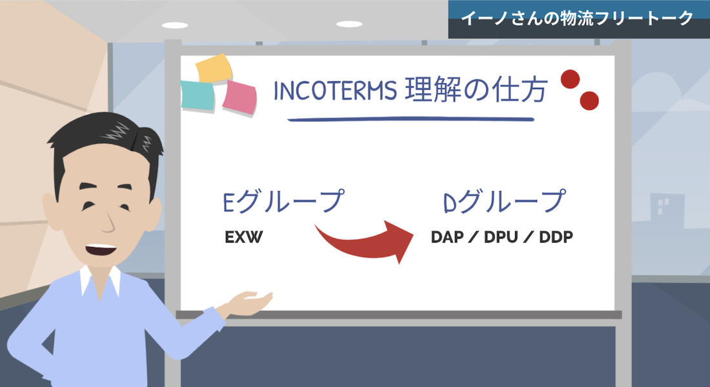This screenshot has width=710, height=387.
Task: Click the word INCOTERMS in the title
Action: (x=335, y=90)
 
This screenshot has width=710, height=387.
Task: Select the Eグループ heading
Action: (x=283, y=201)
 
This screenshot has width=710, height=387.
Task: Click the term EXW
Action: (x=243, y=237)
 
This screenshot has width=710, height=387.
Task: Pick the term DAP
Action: (x=447, y=237)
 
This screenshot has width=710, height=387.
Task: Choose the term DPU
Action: (x=501, y=237)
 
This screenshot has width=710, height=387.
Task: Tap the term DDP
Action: (x=556, y=237)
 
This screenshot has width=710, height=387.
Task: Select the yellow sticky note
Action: (x=214, y=68)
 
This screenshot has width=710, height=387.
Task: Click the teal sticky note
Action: (x=198, y=96)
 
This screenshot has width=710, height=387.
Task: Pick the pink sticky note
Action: (x=239, y=98)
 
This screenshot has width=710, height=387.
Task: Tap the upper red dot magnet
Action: (x=570, y=79)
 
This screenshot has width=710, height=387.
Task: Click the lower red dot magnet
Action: (x=589, y=101)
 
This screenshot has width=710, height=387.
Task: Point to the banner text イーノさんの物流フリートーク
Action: (x=577, y=19)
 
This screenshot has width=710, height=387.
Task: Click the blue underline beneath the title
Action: (x=411, y=119)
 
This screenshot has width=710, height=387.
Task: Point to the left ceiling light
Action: (x=175, y=25)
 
